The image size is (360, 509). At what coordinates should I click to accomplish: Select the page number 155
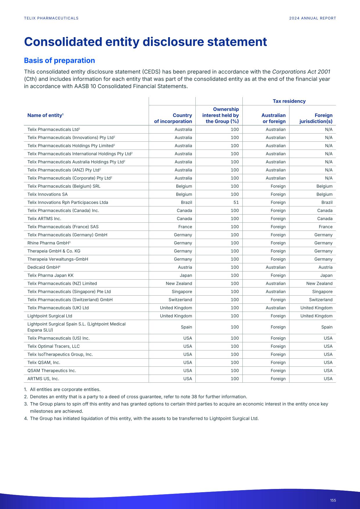coord(333,500)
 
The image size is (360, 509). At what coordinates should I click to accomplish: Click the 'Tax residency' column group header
coord(289,101)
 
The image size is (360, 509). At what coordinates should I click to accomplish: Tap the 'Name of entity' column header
coord(45,115)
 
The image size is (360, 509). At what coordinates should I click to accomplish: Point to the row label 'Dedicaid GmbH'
coord(43,267)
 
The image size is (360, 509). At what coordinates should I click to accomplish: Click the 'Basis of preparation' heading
coord(59,60)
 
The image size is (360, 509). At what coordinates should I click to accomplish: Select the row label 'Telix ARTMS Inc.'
coord(44,219)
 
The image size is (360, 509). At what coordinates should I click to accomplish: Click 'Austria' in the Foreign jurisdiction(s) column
coord(325,267)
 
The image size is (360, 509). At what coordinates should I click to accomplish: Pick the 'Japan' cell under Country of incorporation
coord(186,275)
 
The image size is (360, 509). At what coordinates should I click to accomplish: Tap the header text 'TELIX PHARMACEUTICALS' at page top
coord(51,18)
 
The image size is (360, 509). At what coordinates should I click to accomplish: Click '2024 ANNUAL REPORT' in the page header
coord(312,18)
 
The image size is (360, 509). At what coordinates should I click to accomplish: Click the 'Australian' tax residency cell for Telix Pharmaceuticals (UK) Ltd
coord(276,308)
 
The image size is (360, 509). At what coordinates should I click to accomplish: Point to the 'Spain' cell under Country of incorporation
coord(186,327)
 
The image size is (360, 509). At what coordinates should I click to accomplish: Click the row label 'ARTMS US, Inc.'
coord(43,379)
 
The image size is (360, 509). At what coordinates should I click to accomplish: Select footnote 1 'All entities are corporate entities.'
coord(65,389)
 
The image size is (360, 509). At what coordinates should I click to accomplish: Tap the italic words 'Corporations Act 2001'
coord(301,72)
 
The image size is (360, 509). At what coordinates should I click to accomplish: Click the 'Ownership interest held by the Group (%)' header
coord(220,115)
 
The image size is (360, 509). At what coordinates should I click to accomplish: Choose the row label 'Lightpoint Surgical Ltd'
coord(50,316)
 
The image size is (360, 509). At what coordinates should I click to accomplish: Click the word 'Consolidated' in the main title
coord(63,42)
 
